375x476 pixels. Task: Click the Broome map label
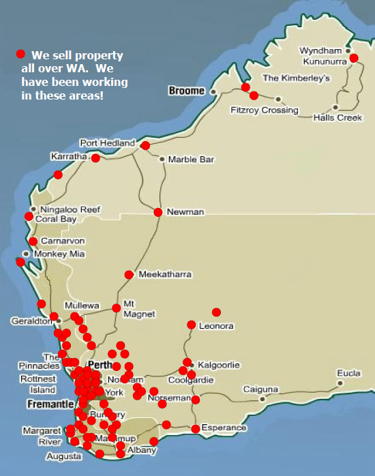pos(187,91)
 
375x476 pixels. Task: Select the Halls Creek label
pos(337,118)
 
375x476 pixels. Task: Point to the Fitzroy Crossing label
pos(265,110)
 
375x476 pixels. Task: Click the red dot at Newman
pos(158,212)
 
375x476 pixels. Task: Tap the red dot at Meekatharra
pos(129,275)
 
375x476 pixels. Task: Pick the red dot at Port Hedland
pos(145,145)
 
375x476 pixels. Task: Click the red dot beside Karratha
pos(95,158)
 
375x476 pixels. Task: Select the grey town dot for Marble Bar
pos(162,160)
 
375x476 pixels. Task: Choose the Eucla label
pos(348,374)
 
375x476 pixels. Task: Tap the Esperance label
pos(224,428)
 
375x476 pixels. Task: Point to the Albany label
pos(142,451)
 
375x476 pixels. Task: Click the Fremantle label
pos(50,404)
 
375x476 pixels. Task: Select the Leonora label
pos(216,326)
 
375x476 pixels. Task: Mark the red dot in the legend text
pos(21,54)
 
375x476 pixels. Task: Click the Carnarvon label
pos(63,241)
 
